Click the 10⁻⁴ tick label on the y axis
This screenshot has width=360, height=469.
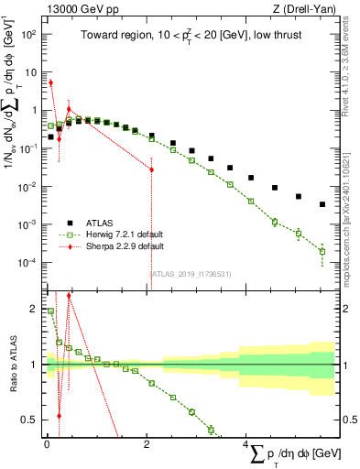click(28, 262)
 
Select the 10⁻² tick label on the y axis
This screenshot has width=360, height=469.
click(28, 186)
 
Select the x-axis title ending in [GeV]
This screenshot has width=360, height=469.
click(289, 453)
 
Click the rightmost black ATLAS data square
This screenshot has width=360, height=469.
click(322, 204)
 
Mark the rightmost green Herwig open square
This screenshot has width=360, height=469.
click(322, 251)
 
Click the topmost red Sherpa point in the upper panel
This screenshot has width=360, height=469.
click(50, 82)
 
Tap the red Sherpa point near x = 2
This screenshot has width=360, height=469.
click(151, 169)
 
